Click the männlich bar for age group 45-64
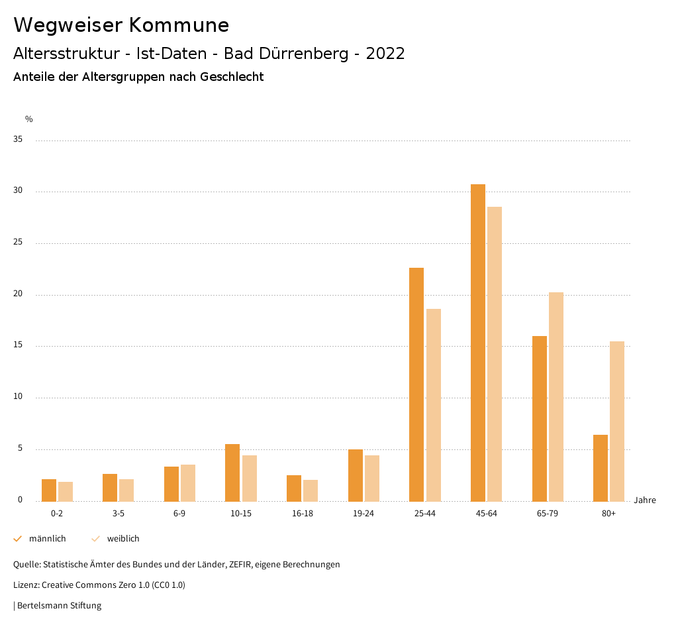coord(477,343)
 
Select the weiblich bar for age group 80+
coord(617,421)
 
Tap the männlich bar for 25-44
coord(416,384)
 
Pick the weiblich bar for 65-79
coord(556,396)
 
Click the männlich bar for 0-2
coord(49,490)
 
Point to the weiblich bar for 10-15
coord(250,478)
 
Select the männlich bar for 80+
coord(601,468)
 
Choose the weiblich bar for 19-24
coord(372,478)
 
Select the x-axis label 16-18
coord(302,514)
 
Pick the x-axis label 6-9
coord(179,514)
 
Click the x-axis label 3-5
coord(118,514)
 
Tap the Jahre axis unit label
coord(644,500)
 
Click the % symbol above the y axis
coord(29,119)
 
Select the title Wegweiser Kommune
coord(121,25)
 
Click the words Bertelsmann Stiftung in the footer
coord(59,605)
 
